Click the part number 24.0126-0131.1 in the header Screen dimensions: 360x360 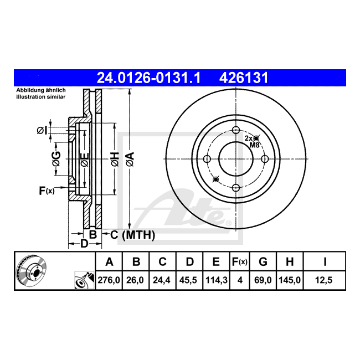click(149, 78)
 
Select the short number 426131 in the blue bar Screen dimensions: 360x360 click(244, 78)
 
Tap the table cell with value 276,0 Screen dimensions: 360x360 click(109, 280)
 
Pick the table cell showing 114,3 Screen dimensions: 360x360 click(216, 280)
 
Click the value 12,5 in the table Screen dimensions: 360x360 click(324, 280)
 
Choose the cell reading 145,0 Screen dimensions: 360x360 click(290, 280)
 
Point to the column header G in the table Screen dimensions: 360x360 click(263, 262)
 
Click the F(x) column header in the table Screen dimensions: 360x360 click(239, 262)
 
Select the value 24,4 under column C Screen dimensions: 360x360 click(162, 280)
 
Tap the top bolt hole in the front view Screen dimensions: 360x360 click(236, 130)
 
